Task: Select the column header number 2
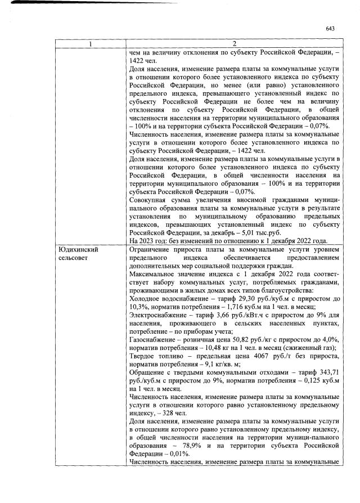(x=233, y=44)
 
